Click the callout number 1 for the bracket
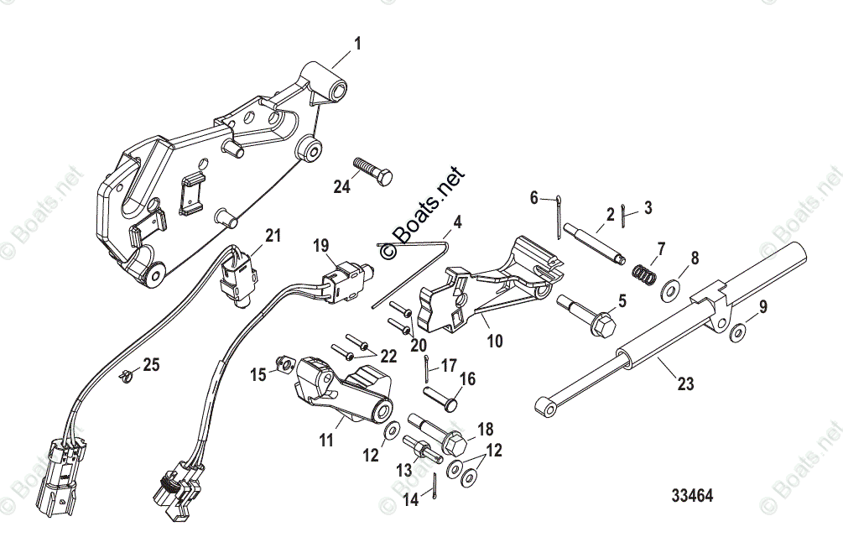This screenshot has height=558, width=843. [358, 43]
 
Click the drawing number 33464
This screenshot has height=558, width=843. [691, 496]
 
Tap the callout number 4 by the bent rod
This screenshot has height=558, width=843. [458, 223]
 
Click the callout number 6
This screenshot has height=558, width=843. [533, 198]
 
